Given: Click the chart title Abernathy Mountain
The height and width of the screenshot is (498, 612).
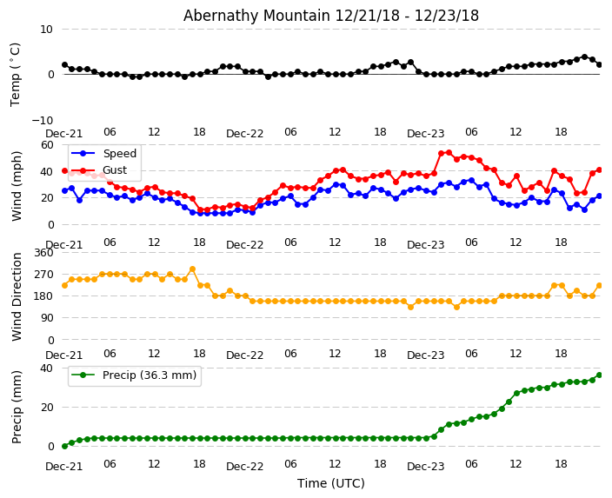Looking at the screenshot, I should point(330,16).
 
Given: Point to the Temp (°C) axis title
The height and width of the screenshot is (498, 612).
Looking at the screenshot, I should point(16,74).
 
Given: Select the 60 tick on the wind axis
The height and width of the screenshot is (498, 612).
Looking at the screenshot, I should point(46,145).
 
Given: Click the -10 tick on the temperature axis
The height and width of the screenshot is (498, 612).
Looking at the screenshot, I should point(42,120).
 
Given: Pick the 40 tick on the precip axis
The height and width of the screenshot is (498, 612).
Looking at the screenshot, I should point(46,369).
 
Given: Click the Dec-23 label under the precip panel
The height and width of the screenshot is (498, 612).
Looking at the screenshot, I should point(425,467).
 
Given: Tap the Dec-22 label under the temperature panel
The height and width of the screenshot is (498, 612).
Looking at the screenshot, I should point(245,134).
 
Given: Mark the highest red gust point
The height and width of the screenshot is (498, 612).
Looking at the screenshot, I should point(449,153).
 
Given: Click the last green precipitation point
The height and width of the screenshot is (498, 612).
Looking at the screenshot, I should point(599,375).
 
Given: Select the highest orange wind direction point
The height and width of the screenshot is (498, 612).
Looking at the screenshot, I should point(192,269).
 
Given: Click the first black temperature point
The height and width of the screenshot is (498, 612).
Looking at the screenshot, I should point(64,64).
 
